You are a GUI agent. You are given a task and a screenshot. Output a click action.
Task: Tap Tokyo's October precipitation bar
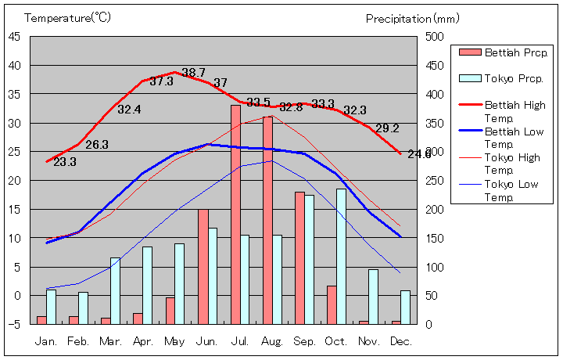tap(342, 256)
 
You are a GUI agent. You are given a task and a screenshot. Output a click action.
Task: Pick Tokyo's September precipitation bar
tap(310, 259)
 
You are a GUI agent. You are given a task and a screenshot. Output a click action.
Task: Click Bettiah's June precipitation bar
tap(203, 266)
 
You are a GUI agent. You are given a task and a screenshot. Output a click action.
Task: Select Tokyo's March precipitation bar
tap(116, 290)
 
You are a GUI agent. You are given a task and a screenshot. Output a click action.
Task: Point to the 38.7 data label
tap(193, 73)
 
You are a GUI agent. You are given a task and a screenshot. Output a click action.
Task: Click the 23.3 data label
tap(65, 162)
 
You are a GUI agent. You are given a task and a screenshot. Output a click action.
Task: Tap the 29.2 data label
tap(387, 128)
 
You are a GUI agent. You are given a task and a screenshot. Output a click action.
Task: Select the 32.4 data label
tap(129, 110)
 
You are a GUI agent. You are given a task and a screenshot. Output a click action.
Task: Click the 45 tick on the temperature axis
tap(15, 36)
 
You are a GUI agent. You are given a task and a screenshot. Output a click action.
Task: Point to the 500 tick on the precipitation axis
tap(435, 36)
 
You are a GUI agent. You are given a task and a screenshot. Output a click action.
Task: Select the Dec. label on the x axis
tap(400, 341)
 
